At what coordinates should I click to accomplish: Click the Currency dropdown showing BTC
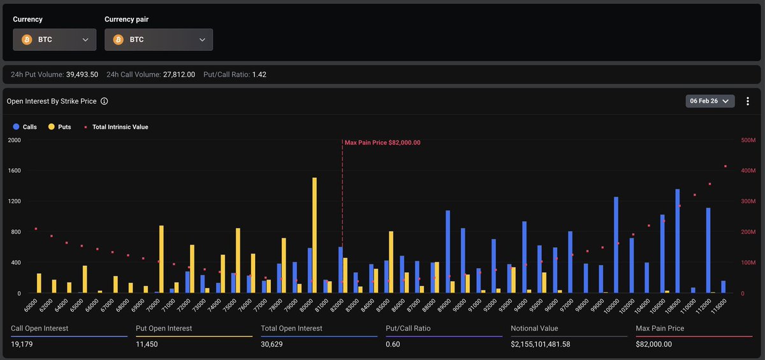click(54, 40)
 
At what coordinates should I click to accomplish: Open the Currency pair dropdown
click(159, 40)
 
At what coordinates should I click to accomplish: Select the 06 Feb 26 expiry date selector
click(710, 101)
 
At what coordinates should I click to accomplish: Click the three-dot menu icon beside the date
click(748, 101)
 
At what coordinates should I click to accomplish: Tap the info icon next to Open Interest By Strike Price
click(105, 101)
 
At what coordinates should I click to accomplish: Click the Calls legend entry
click(25, 127)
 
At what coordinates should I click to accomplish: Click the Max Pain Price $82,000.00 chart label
click(382, 143)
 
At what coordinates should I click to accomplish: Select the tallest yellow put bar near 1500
click(314, 235)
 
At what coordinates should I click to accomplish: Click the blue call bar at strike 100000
click(616, 245)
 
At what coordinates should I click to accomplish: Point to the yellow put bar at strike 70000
click(161, 259)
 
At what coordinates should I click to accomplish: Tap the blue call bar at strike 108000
click(677, 241)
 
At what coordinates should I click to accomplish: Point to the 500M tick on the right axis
click(748, 140)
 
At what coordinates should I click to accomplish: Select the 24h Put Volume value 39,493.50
click(82, 75)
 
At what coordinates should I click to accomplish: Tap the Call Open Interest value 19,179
click(23, 344)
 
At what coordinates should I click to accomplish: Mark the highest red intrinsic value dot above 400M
click(725, 166)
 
